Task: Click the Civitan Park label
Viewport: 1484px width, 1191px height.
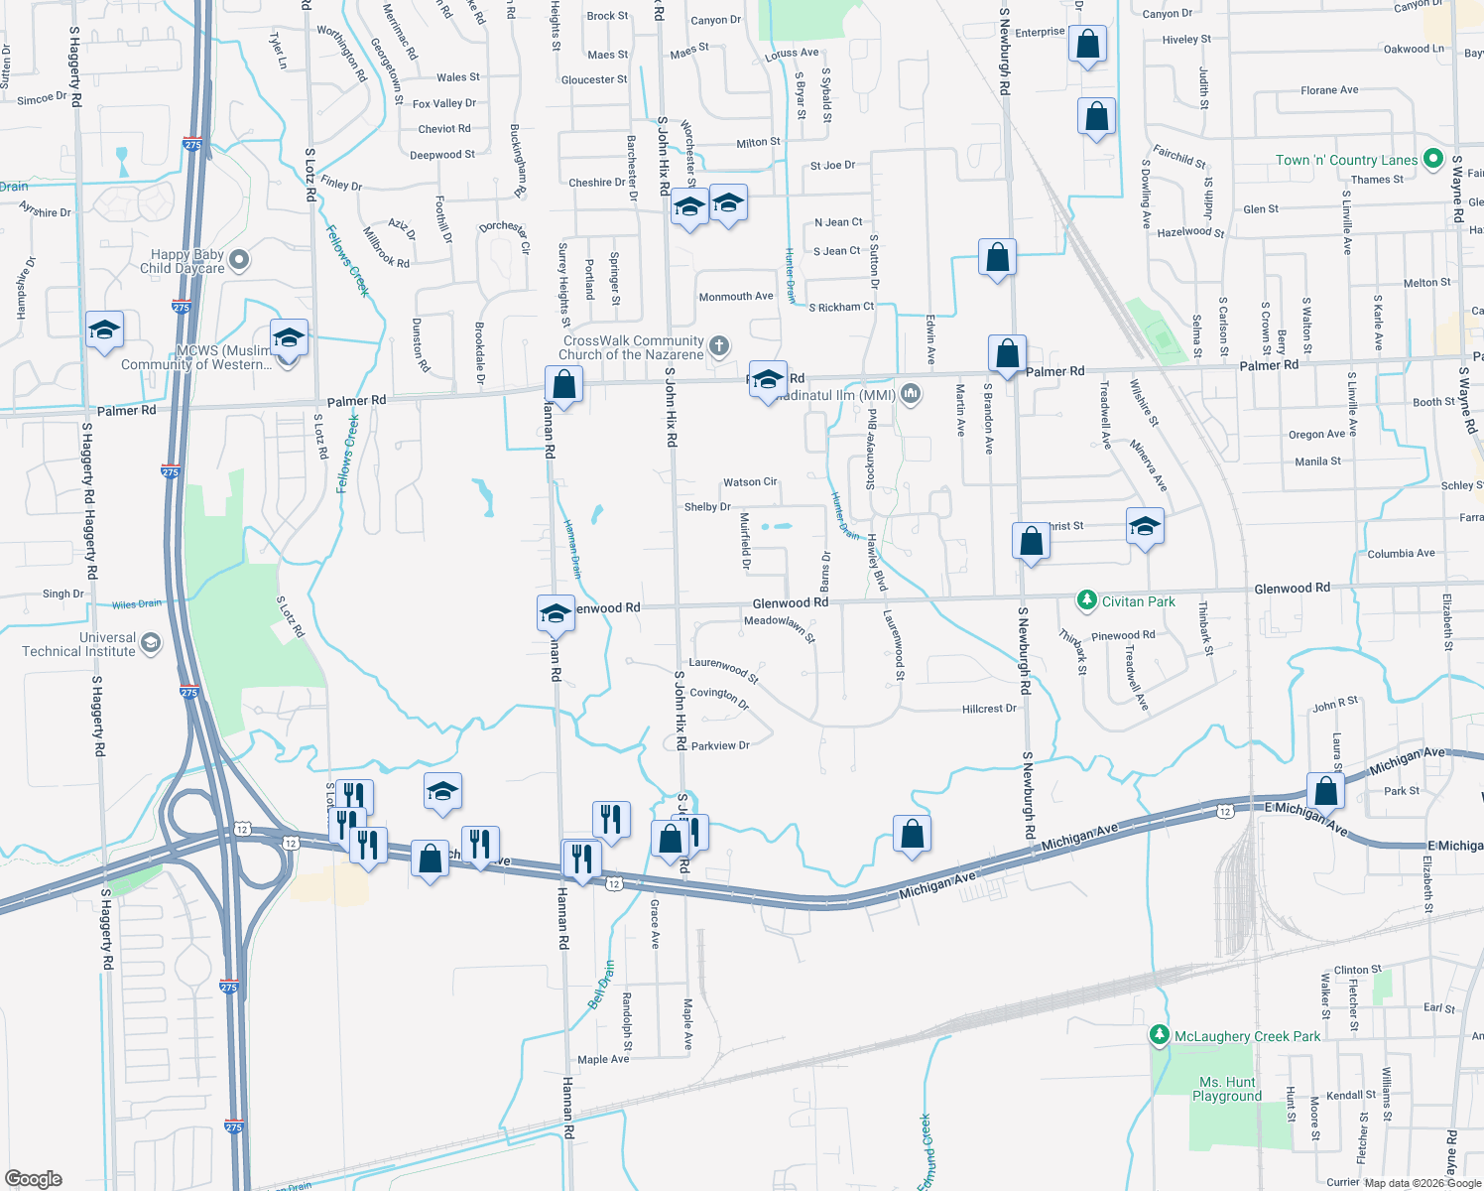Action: [1138, 601]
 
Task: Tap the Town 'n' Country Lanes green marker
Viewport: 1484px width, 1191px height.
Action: [1431, 159]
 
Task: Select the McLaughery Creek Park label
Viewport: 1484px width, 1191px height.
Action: [1247, 1036]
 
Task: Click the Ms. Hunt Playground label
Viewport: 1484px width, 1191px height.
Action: [1227, 1089]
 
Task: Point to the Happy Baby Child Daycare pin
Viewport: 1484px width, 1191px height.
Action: [239, 260]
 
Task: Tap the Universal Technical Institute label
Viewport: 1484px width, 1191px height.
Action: [78, 644]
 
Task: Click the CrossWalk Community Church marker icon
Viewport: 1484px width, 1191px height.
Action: [719, 346]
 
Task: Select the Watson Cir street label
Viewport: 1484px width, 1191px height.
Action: [750, 482]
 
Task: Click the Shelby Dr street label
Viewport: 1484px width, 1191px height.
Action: [707, 507]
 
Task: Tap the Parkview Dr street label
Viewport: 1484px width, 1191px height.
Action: [720, 745]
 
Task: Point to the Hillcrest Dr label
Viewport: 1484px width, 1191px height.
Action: [989, 709]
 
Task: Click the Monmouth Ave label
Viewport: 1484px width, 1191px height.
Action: [735, 297]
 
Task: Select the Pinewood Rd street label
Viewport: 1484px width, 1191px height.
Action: [1123, 635]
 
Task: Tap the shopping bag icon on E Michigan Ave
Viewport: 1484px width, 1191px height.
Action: [1325, 791]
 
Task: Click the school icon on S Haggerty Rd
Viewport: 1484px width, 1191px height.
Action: [103, 330]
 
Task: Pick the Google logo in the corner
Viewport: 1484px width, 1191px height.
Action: [34, 1178]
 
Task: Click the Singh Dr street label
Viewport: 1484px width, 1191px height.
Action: [63, 594]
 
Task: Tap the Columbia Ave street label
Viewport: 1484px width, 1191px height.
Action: [1401, 554]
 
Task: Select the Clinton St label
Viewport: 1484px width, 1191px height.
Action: [1357, 970]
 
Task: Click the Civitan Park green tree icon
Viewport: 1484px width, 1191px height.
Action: [1087, 600]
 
